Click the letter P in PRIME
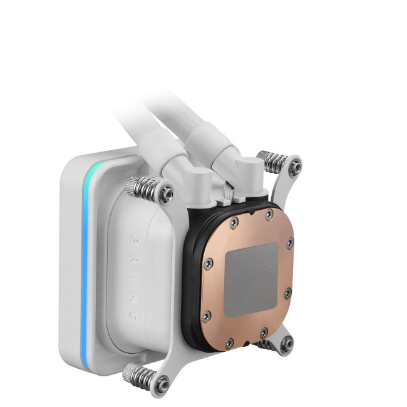[x=135, y=240]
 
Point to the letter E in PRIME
[x=133, y=317]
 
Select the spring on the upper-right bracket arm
[x=276, y=163]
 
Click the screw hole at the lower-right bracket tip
[x=287, y=344]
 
